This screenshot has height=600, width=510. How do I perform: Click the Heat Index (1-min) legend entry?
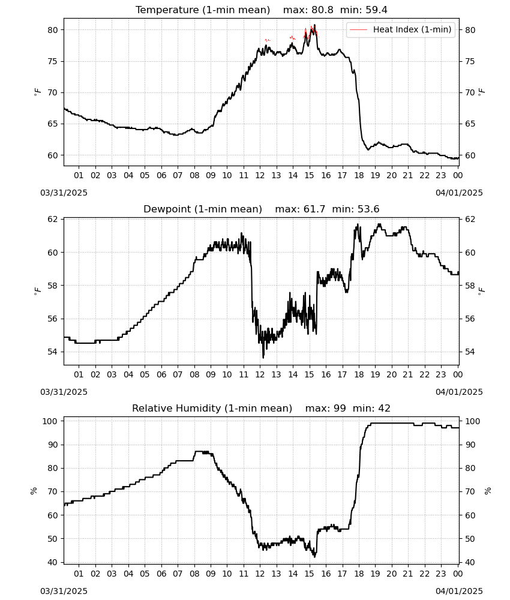click(x=401, y=29)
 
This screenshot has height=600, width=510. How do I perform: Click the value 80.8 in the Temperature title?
click(x=322, y=10)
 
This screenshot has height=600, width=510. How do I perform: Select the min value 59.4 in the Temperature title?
click(x=376, y=10)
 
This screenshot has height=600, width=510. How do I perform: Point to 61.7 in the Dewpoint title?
click(x=314, y=209)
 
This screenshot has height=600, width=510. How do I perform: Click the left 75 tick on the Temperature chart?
click(x=53, y=61)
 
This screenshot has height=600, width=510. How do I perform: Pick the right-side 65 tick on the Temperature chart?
click(x=470, y=124)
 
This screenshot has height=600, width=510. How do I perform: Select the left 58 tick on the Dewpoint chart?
click(x=53, y=286)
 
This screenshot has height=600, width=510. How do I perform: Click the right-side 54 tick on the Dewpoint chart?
click(x=470, y=352)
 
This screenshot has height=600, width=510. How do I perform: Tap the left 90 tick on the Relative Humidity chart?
click(x=53, y=445)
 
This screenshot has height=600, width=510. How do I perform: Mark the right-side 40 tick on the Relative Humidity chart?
click(x=470, y=563)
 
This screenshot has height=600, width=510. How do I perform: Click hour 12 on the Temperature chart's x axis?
click(x=260, y=175)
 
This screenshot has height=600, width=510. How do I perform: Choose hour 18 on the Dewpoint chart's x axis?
click(x=359, y=374)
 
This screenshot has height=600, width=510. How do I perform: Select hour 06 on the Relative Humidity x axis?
click(x=161, y=574)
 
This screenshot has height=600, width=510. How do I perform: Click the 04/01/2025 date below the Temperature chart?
click(x=459, y=193)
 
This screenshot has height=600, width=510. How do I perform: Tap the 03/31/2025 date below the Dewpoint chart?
click(x=64, y=392)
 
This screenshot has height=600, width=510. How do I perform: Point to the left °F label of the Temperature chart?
click(x=37, y=92)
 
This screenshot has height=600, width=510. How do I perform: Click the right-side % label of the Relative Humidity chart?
click(x=488, y=491)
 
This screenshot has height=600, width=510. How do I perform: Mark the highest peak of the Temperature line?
click(x=315, y=25)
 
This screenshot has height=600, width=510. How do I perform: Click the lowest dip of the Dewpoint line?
click(x=263, y=358)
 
